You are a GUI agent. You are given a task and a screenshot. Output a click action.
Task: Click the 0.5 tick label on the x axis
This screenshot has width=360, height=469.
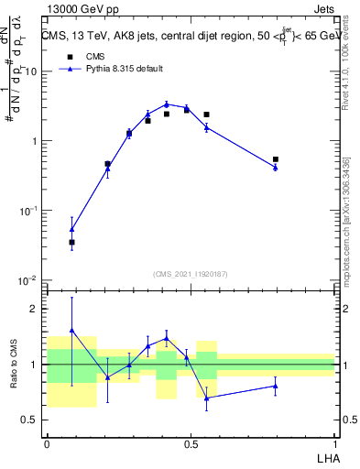click(x=191, y=442)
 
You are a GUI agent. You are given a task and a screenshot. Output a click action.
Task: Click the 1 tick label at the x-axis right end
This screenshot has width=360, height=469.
click(x=335, y=442)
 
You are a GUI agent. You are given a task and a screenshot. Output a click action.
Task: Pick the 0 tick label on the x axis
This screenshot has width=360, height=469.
click(x=47, y=442)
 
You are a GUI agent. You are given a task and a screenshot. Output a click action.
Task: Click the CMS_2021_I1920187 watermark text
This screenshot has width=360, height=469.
click(x=191, y=273)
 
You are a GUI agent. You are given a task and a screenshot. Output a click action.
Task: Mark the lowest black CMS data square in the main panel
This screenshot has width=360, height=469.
click(x=71, y=242)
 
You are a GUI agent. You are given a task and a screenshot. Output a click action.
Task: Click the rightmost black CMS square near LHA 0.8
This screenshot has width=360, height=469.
click(x=276, y=159)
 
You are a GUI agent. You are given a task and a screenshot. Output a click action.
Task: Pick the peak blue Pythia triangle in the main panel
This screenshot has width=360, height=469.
click(x=167, y=104)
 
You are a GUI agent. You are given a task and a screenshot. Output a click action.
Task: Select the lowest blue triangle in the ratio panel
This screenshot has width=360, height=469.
click(x=206, y=398)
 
